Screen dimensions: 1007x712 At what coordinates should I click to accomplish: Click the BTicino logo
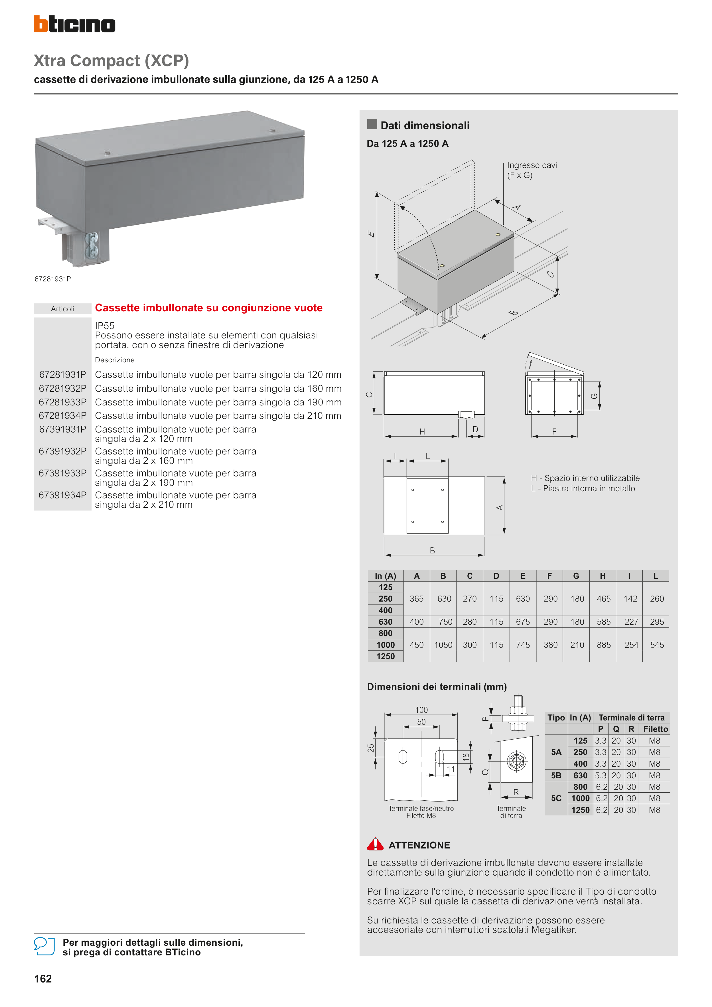[x=75, y=24]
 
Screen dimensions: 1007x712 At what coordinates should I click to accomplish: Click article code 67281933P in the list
[x=62, y=402]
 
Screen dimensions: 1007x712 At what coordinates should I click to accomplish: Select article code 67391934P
[x=62, y=495]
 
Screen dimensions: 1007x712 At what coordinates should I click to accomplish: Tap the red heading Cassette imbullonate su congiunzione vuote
[x=208, y=308]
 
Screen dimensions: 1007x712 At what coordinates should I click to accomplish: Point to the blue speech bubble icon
[x=44, y=947]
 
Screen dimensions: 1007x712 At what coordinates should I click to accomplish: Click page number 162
[x=43, y=979]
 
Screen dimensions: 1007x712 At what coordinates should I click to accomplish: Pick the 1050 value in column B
[x=443, y=645]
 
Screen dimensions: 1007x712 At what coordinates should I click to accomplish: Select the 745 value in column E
[x=523, y=645]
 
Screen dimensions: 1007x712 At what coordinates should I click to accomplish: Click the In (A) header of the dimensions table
[x=385, y=576]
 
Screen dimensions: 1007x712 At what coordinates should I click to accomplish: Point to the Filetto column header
[x=656, y=729]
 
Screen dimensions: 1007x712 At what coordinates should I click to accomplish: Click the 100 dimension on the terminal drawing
[x=421, y=710]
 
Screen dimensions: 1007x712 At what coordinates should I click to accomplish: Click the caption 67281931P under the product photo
[x=53, y=279]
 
